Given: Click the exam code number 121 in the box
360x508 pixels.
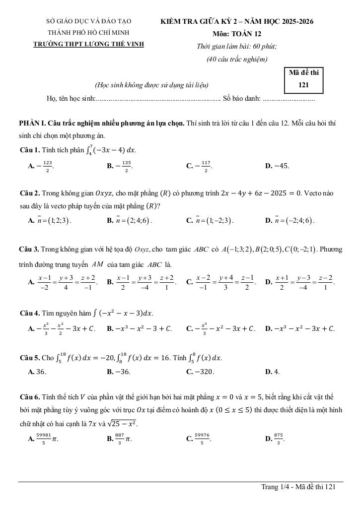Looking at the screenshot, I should pos(304,85).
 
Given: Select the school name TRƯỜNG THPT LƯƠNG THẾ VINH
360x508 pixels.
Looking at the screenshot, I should pos(88,44).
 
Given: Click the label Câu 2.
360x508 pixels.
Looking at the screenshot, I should pos(29,192).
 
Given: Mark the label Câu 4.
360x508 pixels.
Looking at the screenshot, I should pos(29,313).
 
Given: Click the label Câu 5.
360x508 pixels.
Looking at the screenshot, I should pos(29,358).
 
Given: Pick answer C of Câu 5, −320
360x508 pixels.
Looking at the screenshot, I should pos(201,372).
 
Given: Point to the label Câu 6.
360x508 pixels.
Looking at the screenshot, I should pos(29,397).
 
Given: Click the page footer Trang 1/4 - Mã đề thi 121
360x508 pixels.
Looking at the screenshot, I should pos(299,487).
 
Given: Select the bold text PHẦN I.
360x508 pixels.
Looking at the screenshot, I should pos(32,123).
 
